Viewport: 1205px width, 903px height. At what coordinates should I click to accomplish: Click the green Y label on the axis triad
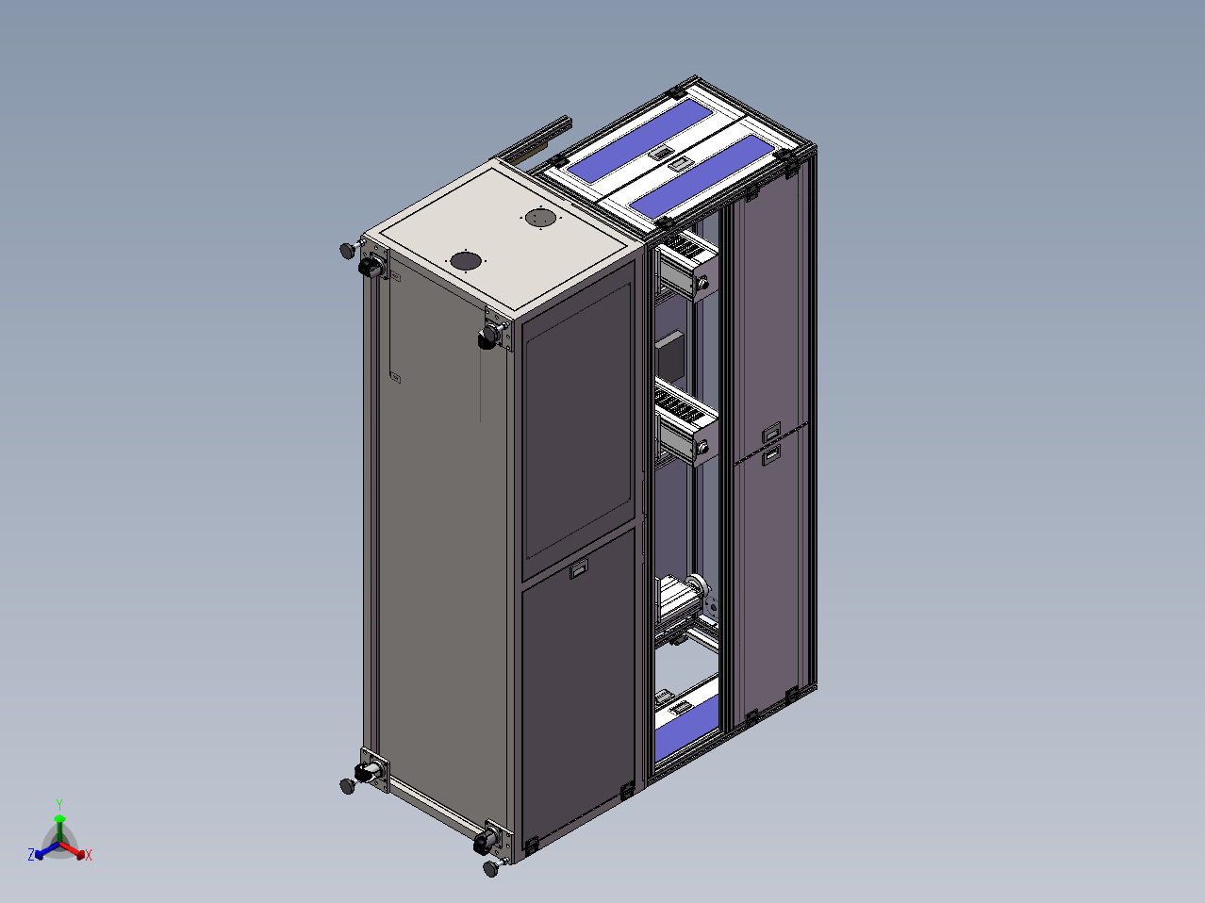tap(59, 805)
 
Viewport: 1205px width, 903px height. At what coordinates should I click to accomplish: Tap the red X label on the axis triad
tap(89, 855)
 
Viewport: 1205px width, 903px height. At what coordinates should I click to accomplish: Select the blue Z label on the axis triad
tap(31, 854)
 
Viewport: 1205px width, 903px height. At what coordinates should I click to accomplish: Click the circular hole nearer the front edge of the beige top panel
tap(466, 261)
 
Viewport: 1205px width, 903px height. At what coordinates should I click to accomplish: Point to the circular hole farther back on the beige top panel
tap(540, 218)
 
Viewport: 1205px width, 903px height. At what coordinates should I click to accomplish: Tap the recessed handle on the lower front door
tap(579, 568)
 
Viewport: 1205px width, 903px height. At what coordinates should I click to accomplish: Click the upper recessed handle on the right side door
tap(771, 432)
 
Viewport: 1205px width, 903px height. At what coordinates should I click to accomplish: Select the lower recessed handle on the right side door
tap(771, 455)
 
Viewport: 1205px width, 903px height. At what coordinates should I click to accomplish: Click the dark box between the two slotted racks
tap(670, 353)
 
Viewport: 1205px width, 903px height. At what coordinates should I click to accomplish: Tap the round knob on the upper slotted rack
tap(702, 284)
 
